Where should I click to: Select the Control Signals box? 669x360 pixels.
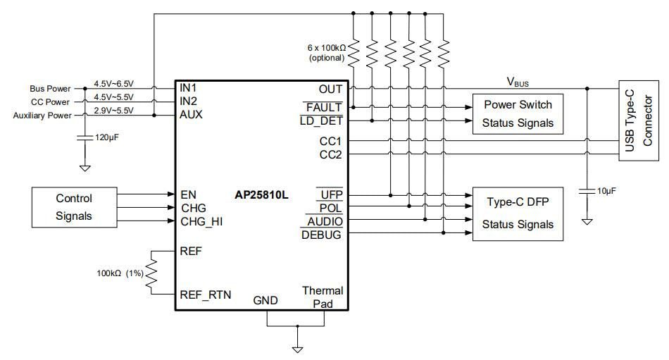pos(74,207)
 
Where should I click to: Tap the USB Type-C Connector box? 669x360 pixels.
pos(638,121)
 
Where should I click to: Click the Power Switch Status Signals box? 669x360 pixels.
pos(518,113)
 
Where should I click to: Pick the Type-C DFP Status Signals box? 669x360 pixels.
pos(518,213)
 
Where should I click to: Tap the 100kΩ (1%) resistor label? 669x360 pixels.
pos(120,273)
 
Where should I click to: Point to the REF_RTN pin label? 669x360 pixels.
pos(206,295)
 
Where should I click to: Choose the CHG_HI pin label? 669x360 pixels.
pos(201,221)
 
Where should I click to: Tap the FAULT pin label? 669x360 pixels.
pos(325,108)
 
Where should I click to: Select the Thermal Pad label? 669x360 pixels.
pos(323,297)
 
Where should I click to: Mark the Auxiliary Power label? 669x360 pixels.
pos(42,115)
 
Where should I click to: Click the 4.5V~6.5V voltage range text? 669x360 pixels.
pos(113,84)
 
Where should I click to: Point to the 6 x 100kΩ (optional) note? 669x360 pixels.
pos(325,53)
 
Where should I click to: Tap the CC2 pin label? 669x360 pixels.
pos(330,154)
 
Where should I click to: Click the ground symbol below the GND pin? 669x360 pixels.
pos(297,348)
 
